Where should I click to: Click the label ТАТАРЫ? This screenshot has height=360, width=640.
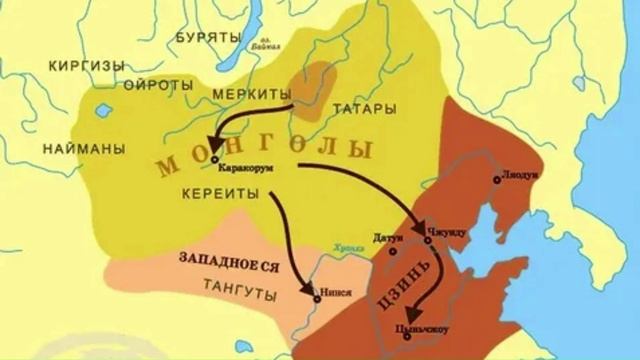(356, 107)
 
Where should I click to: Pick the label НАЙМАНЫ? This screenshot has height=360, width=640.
(84, 148)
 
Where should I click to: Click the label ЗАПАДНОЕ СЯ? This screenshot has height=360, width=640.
(228, 258)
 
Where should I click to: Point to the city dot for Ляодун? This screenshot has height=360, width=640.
(496, 181)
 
